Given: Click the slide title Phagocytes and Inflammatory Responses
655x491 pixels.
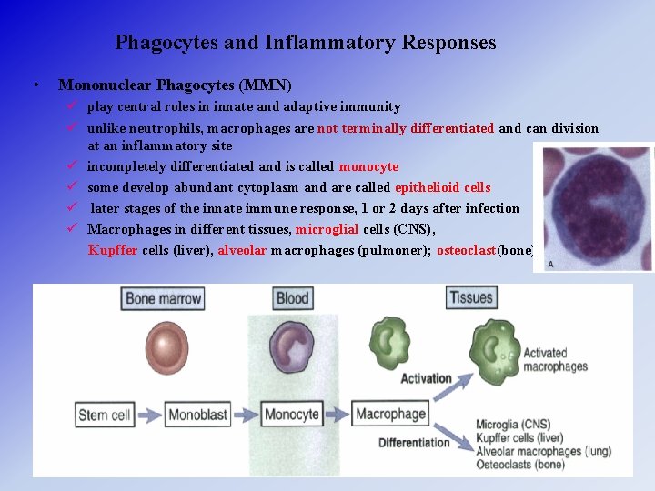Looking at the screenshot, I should (306, 43).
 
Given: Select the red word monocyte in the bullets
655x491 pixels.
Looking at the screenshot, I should (368, 166).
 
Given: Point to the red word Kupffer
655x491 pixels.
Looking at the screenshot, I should (114, 250).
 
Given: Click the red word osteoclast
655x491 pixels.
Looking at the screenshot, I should (467, 250).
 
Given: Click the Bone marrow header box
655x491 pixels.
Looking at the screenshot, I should (164, 298).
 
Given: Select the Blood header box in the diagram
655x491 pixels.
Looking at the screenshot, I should (292, 298).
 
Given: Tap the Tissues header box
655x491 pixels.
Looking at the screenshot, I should (471, 298).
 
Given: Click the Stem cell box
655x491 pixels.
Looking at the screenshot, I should (105, 415).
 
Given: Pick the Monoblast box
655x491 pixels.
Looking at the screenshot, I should (197, 415).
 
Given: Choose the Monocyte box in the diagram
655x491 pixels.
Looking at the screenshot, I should (292, 415).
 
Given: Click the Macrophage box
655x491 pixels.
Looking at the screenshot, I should (390, 415).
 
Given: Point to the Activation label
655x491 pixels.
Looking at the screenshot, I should (426, 378).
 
